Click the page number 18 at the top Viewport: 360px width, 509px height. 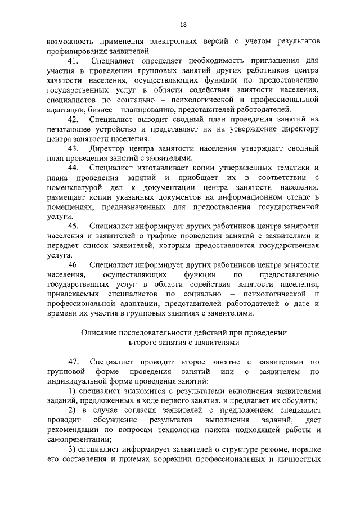coord(183,25)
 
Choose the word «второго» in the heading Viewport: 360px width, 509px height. coord(143,341)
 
